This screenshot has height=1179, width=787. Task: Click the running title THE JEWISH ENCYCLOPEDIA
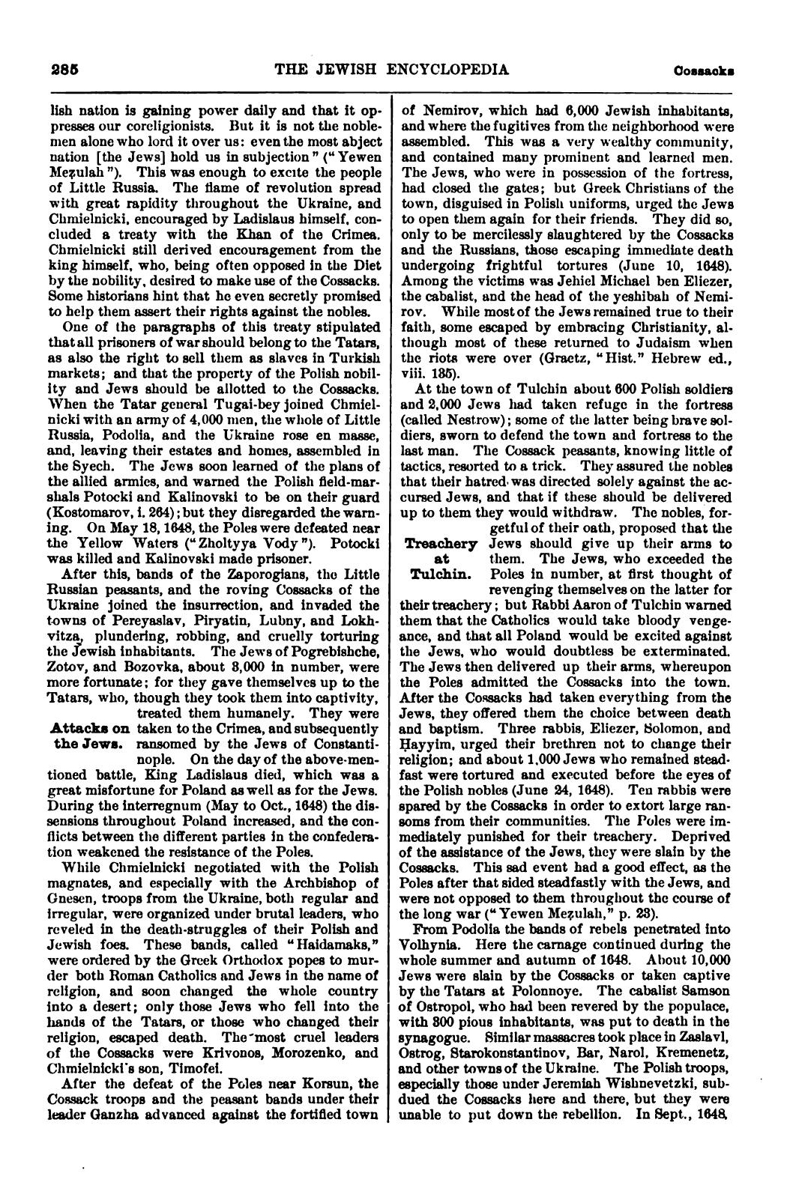click(392, 70)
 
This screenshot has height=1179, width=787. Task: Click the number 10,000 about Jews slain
click(700, 980)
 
